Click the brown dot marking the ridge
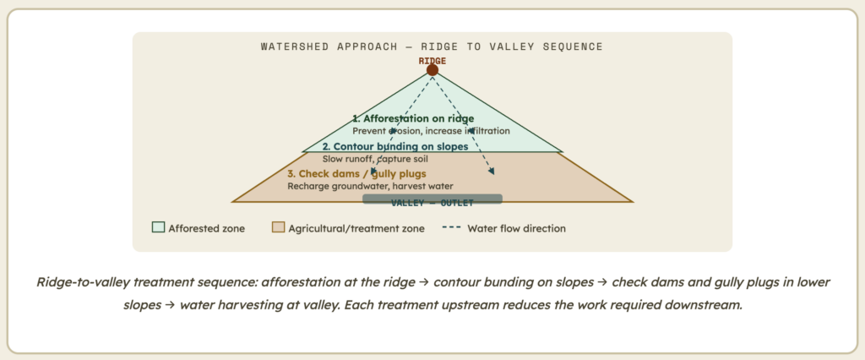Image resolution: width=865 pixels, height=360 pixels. pyautogui.click(x=432, y=70)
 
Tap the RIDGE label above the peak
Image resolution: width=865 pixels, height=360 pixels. pyautogui.click(x=432, y=61)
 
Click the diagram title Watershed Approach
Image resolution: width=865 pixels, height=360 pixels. pyautogui.click(x=329, y=46)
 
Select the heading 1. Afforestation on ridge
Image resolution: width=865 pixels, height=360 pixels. pyautogui.click(x=413, y=118)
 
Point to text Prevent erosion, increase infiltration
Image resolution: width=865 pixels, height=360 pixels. pyautogui.click(x=432, y=132)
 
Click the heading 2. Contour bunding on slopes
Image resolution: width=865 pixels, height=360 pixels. pyautogui.click(x=395, y=147)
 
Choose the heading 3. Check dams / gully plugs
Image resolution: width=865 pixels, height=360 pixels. pyautogui.click(x=357, y=174)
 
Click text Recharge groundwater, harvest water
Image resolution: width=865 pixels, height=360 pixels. pyautogui.click(x=370, y=187)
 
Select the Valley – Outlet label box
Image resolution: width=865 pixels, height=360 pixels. pyautogui.click(x=432, y=199)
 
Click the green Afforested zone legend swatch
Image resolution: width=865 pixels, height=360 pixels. pyautogui.click(x=158, y=227)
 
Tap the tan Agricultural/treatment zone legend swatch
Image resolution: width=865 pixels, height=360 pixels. pyautogui.click(x=279, y=227)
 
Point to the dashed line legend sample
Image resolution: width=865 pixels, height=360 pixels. pyautogui.click(x=452, y=227)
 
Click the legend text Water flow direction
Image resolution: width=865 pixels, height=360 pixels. pyautogui.click(x=516, y=228)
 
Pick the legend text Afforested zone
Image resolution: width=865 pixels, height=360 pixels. pyautogui.click(x=207, y=228)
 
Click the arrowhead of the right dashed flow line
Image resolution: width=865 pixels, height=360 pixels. pyautogui.click(x=492, y=172)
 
